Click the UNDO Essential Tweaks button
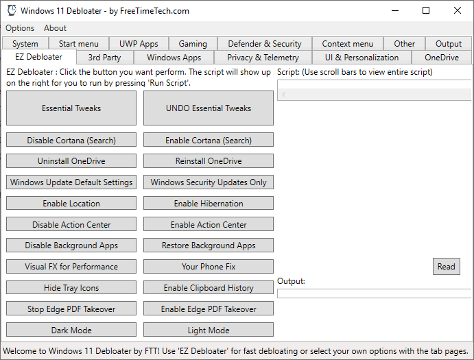(x=209, y=108)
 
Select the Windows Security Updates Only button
(x=209, y=182)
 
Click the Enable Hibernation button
(x=209, y=204)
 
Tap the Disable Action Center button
(x=71, y=225)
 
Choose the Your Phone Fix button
(x=209, y=267)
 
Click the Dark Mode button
(x=71, y=330)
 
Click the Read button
(x=446, y=266)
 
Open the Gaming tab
(x=193, y=44)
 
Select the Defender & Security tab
(x=265, y=44)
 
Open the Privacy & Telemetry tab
(x=263, y=58)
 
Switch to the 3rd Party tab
(x=104, y=58)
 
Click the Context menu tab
(x=348, y=44)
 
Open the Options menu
(x=20, y=28)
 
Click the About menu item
(x=55, y=28)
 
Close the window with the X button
(x=458, y=10)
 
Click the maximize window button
(x=426, y=10)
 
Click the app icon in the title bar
(x=12, y=10)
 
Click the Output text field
(x=375, y=293)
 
